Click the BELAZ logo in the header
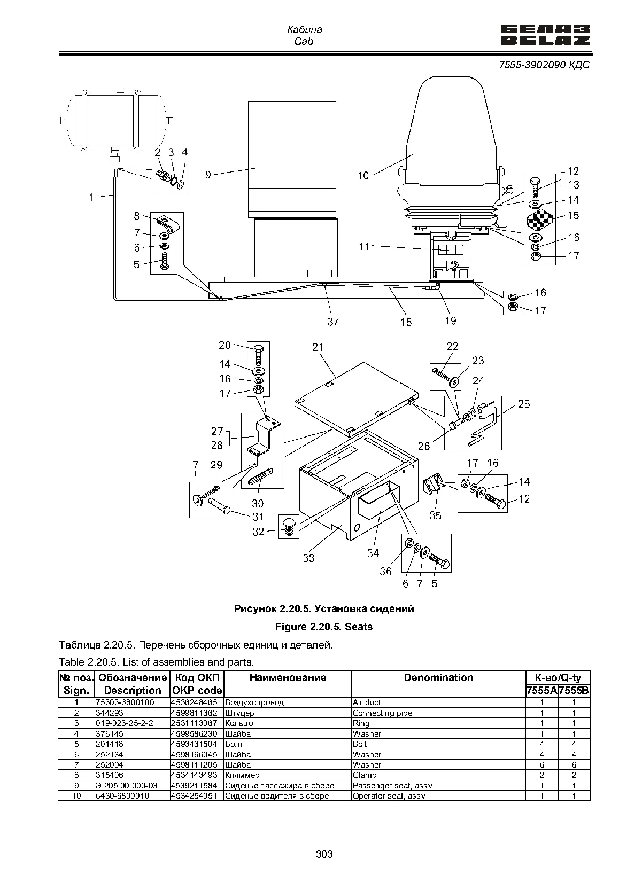click(x=545, y=35)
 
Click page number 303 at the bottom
click(x=324, y=854)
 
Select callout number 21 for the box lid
click(x=318, y=347)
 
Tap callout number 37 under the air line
click(x=333, y=322)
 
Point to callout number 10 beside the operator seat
click(x=363, y=176)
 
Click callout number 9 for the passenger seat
click(x=208, y=175)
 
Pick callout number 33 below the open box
click(x=309, y=558)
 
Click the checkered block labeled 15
click(x=539, y=220)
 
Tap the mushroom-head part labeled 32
click(x=289, y=527)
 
